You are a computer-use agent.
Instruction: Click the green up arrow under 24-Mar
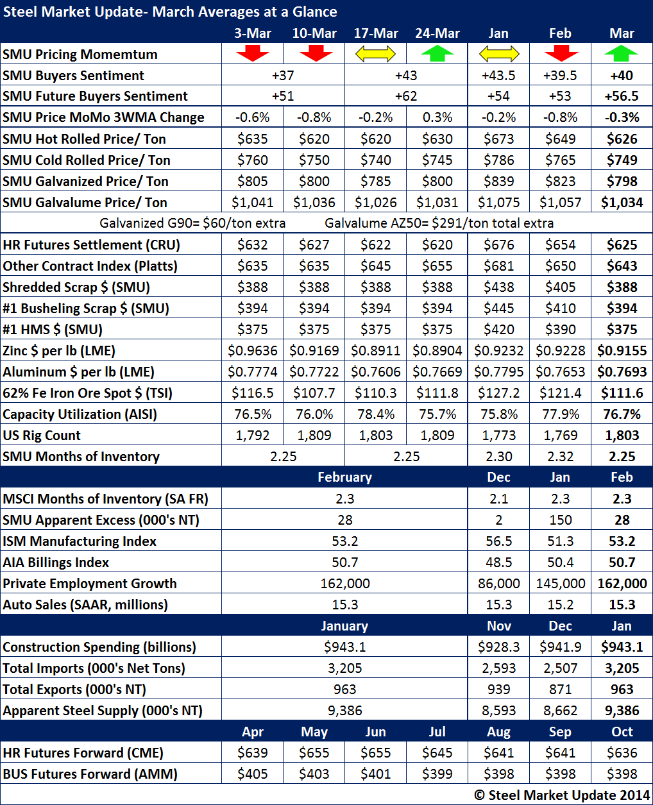(x=437, y=54)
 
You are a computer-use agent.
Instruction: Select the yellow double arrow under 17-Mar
(x=376, y=54)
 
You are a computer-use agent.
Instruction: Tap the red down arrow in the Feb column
(x=561, y=54)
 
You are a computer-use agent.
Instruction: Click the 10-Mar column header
(x=314, y=33)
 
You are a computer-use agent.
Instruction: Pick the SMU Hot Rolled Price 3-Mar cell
(x=253, y=139)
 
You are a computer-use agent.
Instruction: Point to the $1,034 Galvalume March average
(x=622, y=202)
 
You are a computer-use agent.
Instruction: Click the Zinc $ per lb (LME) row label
(x=59, y=351)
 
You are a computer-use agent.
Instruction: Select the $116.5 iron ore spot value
(x=253, y=393)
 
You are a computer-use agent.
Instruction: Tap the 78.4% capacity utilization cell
(x=376, y=414)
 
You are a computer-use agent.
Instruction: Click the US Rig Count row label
(x=42, y=436)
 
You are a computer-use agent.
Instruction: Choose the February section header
(x=344, y=477)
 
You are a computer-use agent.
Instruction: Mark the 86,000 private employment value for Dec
(x=499, y=583)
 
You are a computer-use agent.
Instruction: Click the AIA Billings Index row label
(x=56, y=563)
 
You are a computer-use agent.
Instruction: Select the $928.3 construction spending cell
(x=499, y=647)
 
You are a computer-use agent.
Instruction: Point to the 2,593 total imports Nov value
(x=499, y=668)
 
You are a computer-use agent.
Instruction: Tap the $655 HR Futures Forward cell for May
(x=314, y=752)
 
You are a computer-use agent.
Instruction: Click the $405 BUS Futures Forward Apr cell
(x=253, y=774)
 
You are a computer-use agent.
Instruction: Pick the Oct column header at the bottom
(x=622, y=732)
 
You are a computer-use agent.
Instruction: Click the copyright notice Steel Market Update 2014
(x=562, y=795)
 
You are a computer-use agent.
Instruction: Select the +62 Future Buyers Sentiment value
(x=406, y=96)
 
